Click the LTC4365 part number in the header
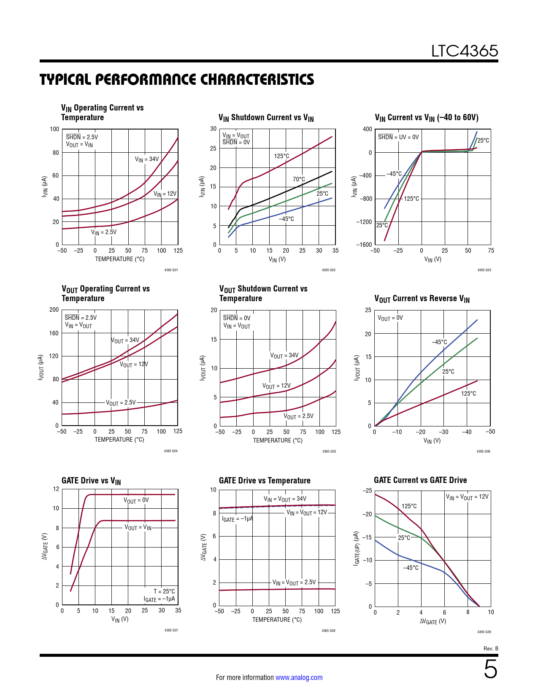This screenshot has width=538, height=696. click(464, 51)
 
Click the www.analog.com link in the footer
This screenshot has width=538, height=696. click(299, 677)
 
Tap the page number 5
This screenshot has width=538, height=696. click(490, 669)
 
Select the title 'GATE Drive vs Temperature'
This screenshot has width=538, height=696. click(265, 480)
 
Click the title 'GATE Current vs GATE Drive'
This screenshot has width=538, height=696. click(420, 480)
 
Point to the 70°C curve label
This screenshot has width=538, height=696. click(299, 179)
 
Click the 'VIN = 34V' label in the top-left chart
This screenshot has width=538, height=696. click(147, 159)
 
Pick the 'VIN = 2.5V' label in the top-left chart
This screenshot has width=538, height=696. click(104, 232)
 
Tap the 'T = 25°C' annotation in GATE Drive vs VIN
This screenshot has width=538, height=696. click(164, 591)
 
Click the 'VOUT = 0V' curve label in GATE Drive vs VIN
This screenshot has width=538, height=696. click(136, 500)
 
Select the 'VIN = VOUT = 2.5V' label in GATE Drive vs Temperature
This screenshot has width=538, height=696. click(294, 583)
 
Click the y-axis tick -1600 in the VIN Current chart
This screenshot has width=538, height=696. click(364, 245)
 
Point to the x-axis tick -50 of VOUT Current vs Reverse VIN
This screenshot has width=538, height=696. click(490, 432)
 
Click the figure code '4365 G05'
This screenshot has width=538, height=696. click(329, 451)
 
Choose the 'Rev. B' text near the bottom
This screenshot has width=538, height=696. click(491, 648)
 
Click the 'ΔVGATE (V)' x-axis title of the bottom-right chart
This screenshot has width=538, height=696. click(433, 621)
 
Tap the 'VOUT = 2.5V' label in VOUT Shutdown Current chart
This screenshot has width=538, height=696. click(298, 416)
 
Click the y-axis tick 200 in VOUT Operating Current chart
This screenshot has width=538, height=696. click(54, 310)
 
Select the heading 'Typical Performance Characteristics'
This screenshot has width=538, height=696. click(177, 79)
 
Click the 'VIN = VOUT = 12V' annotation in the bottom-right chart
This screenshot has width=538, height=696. click(467, 497)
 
